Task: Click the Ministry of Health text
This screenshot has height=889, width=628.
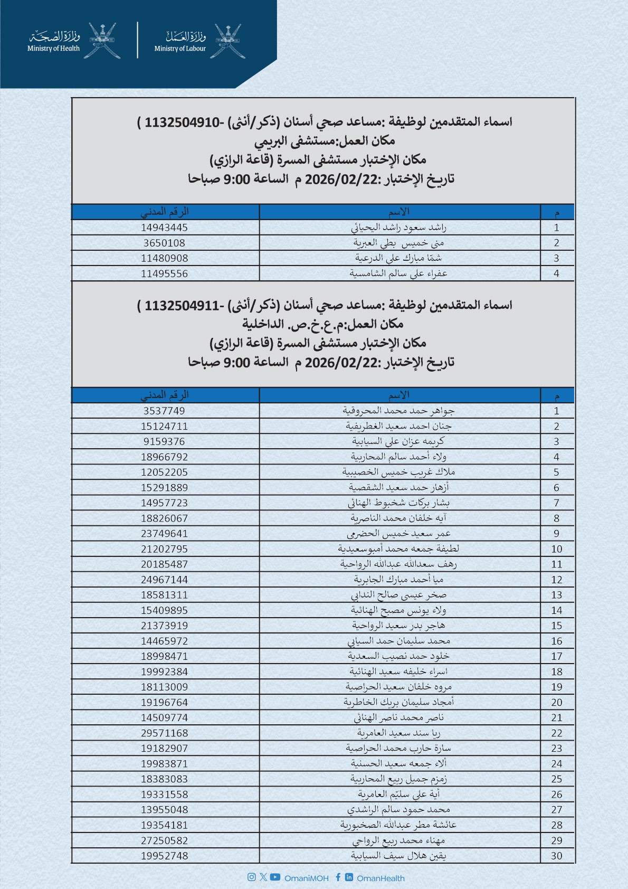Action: click(x=53, y=49)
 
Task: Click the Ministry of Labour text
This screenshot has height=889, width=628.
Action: click(x=180, y=49)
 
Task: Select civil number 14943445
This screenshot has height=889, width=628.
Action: click(x=164, y=228)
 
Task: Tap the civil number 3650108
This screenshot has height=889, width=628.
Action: click(x=164, y=243)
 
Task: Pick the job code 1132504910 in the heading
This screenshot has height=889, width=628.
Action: click(x=182, y=122)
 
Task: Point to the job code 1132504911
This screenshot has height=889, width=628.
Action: click(x=182, y=306)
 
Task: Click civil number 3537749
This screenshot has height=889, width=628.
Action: click(x=164, y=411)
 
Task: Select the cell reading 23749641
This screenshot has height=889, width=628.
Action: click(x=164, y=534)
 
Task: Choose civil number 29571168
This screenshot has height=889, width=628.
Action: click(x=164, y=733)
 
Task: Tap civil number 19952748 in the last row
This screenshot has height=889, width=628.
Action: click(x=164, y=856)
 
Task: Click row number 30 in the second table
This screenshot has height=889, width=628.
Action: click(x=556, y=856)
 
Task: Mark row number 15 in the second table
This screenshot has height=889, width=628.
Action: click(x=556, y=626)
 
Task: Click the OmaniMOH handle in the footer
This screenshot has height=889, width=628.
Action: click(x=306, y=878)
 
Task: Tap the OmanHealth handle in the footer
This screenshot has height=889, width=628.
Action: click(x=380, y=878)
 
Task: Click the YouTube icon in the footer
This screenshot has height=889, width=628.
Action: click(x=275, y=877)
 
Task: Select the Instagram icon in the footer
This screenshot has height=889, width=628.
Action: click(x=252, y=877)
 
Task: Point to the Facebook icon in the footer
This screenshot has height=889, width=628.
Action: click(x=338, y=877)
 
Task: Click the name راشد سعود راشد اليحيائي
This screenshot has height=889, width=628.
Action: click(x=399, y=228)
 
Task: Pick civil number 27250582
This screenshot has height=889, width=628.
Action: click(x=164, y=840)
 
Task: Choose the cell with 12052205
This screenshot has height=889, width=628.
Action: click(x=164, y=472)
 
